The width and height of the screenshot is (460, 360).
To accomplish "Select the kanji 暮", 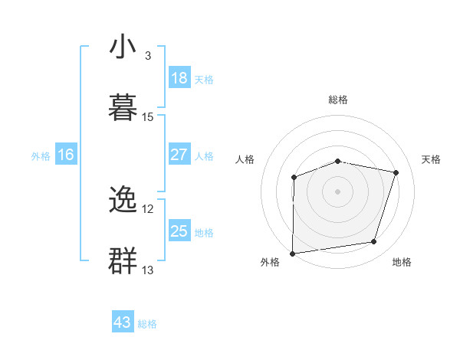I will pos(123,106).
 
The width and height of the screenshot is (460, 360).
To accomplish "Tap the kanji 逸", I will pos(123,201).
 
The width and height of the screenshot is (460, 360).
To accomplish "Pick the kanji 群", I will pos(123,260).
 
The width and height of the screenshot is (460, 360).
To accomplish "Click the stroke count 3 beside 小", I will pos(147,56).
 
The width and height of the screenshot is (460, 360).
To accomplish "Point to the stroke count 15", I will pos(148,116).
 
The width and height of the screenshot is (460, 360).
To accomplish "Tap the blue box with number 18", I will pos(179,77).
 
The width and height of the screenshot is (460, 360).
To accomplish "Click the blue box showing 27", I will pos(179,154).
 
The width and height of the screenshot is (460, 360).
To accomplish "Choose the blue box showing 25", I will pos(179,231).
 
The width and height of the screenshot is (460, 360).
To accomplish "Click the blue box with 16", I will pos(65,155).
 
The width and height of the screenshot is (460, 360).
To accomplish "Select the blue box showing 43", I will pos(123,322).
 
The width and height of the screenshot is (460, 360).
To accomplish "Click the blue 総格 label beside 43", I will pos(147,324).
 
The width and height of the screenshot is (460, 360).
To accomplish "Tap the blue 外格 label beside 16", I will pos(41,156).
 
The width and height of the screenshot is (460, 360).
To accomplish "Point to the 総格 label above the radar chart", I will pos(338,100).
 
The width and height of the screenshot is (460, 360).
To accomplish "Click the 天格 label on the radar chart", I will pos(432,159).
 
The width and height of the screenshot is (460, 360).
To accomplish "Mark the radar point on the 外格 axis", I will pos(293,253).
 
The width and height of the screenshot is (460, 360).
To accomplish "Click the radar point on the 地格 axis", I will pos(374,242).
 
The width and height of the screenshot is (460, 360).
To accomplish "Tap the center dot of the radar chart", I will pos(337,191).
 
